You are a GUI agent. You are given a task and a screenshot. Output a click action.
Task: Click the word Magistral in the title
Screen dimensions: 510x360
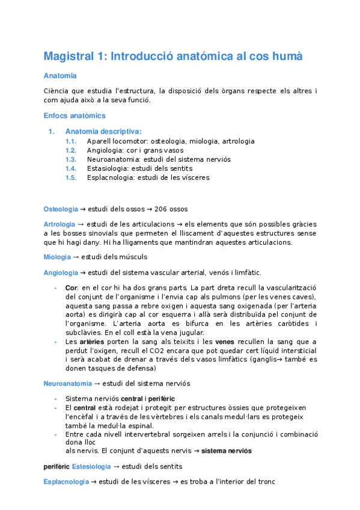coord(68,57)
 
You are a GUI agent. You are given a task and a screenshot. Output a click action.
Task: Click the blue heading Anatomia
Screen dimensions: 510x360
coord(60,76)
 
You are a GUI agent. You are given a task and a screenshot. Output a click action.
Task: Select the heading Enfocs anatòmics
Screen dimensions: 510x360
coord(75,115)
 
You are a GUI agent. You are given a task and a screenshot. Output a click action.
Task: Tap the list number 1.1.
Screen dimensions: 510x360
coord(71,141)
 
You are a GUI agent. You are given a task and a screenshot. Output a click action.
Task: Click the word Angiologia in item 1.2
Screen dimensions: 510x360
coord(105,150)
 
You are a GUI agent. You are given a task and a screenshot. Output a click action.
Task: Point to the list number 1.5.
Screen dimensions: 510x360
coord(71,177)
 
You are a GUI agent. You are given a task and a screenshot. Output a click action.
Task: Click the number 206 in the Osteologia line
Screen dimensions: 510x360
coord(160,209)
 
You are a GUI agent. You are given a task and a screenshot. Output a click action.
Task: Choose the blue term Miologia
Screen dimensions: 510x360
coord(57,257)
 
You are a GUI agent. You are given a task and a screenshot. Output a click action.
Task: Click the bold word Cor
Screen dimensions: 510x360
coord(72,287)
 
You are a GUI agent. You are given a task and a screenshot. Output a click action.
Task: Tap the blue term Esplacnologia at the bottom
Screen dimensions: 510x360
coord(66,482)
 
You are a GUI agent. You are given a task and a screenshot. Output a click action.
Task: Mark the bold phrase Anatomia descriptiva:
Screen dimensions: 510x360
coord(103,131)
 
